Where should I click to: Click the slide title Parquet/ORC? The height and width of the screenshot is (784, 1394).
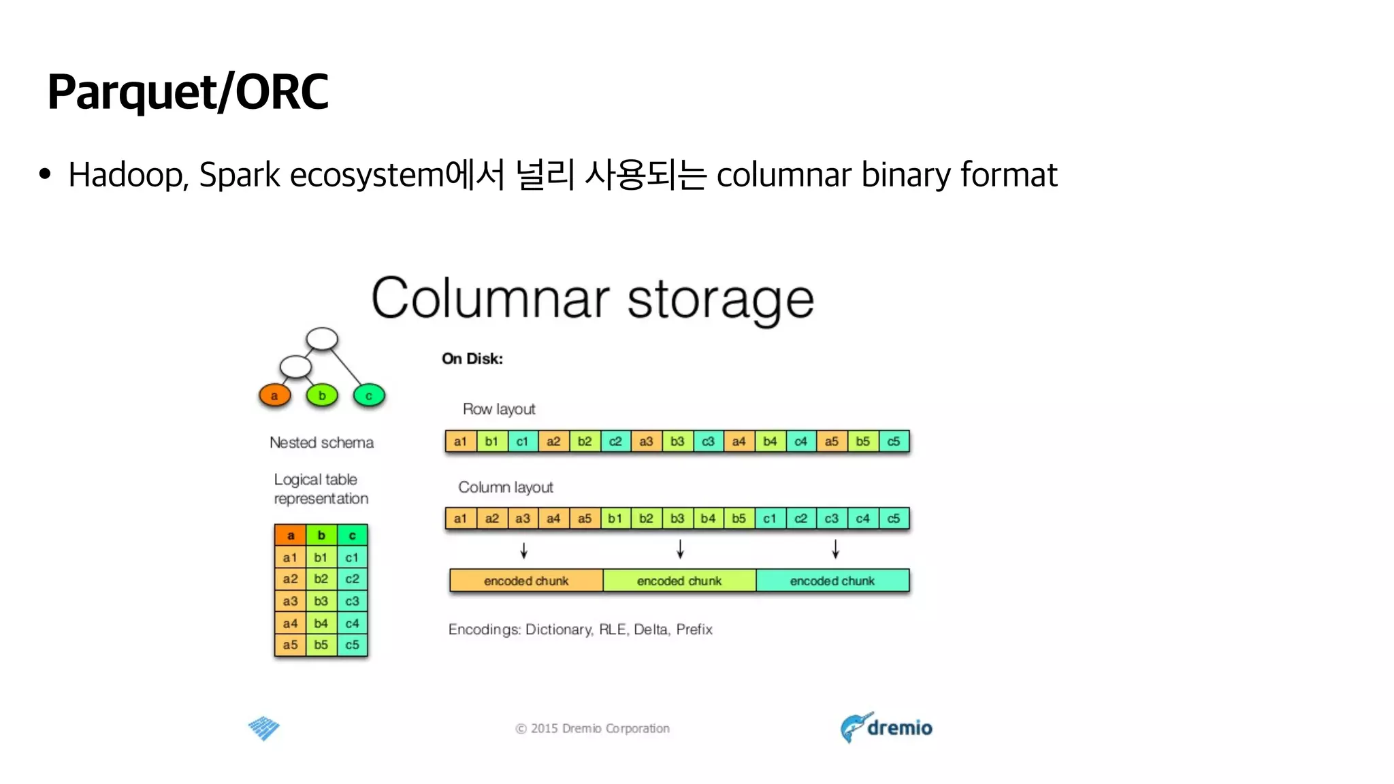[x=188, y=92]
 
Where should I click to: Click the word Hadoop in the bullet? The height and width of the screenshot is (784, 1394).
[x=126, y=175]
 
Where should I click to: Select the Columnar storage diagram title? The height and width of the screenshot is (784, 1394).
[x=592, y=299]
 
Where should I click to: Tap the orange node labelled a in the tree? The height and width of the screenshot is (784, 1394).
[x=274, y=395]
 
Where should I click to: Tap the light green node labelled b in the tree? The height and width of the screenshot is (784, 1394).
[x=322, y=395]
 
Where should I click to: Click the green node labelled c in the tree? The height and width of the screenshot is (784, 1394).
[x=369, y=395]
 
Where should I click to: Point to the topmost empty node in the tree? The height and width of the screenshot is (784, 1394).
[x=322, y=338]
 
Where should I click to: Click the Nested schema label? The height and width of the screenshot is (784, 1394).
[x=321, y=442]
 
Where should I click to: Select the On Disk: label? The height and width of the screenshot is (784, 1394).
[x=472, y=359]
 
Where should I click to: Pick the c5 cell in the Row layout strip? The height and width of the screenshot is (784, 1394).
[x=894, y=441]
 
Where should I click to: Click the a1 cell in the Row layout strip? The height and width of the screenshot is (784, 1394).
[x=461, y=441]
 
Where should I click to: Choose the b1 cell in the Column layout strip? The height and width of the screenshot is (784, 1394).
[x=615, y=519]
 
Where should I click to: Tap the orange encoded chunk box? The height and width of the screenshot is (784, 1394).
[x=526, y=581]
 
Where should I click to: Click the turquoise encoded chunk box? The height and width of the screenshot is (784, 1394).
[x=832, y=581]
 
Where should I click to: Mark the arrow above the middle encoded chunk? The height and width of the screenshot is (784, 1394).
[x=680, y=549]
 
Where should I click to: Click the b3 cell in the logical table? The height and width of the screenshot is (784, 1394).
[x=321, y=601]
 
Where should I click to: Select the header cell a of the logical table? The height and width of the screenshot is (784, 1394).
[x=291, y=535]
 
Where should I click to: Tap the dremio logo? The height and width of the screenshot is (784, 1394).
[x=886, y=728]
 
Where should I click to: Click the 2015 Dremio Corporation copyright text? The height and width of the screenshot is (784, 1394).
[x=592, y=728]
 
